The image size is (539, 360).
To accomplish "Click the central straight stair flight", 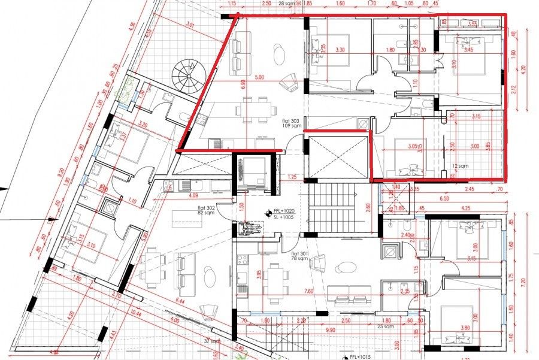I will coord(334,206).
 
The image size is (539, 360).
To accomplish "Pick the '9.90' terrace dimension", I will coord(331,330).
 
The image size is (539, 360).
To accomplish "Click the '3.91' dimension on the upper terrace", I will coord(190,25).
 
